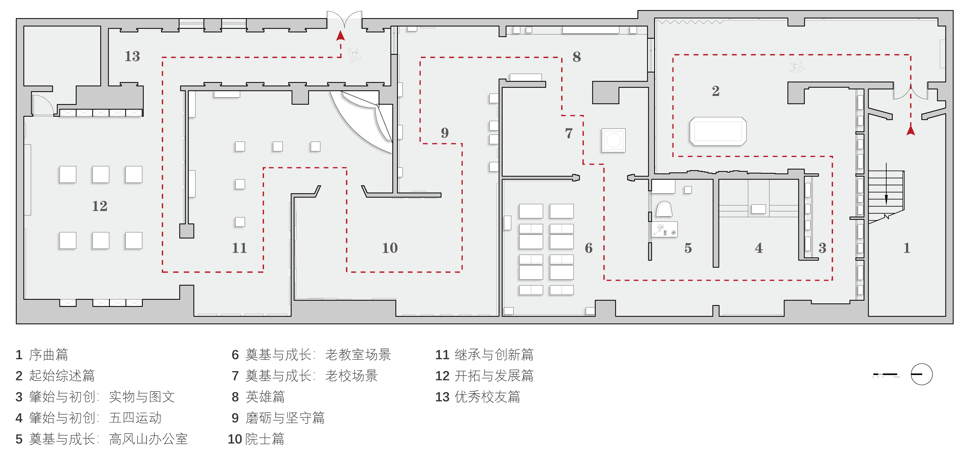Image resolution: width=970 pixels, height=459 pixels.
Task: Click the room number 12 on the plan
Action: (100, 206)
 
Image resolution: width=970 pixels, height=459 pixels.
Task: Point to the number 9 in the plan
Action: (445, 133)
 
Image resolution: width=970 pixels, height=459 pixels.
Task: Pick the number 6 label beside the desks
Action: (589, 248)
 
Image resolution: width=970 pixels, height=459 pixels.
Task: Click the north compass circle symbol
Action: (921, 374)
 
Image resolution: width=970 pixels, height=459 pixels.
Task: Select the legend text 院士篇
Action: (265, 439)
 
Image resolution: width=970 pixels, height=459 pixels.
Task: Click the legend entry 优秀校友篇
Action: (487, 397)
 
